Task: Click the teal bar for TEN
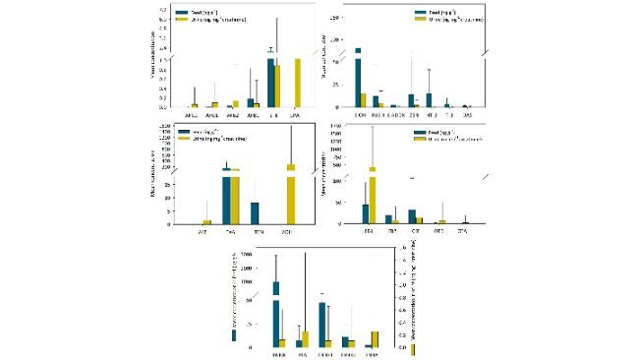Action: (255, 213)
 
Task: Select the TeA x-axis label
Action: (230, 231)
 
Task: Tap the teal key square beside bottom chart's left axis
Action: (233, 335)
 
